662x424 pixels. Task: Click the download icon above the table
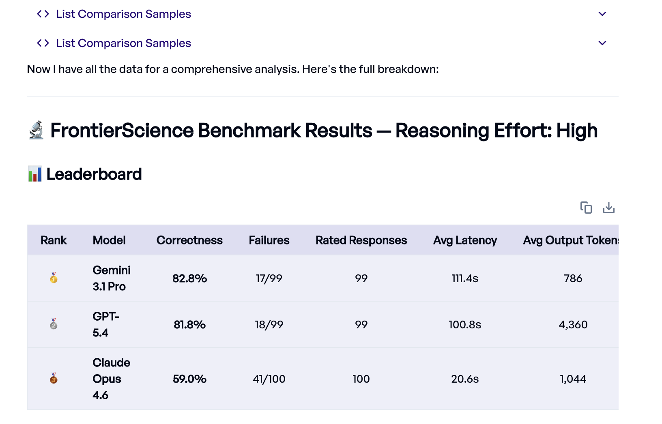(608, 208)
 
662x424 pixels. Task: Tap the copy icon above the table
(586, 208)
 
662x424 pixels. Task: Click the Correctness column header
(189, 240)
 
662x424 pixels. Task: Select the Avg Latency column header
(465, 240)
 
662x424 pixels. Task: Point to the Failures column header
(269, 240)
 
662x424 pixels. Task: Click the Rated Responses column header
(361, 240)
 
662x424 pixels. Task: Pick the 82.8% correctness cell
(189, 278)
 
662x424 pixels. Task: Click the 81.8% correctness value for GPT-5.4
(189, 325)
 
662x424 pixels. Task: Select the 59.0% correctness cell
(189, 379)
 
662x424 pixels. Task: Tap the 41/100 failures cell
(269, 379)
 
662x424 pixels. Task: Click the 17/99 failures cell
(269, 278)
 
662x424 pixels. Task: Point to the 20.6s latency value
(465, 379)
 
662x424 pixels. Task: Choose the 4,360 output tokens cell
(573, 325)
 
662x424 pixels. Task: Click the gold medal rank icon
(54, 278)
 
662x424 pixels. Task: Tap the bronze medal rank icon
(54, 379)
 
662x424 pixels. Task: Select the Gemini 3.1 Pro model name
(111, 278)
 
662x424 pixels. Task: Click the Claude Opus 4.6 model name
(111, 379)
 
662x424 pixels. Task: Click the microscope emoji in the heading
(37, 130)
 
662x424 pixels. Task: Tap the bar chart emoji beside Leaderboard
(35, 174)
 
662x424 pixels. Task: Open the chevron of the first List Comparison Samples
(602, 14)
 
